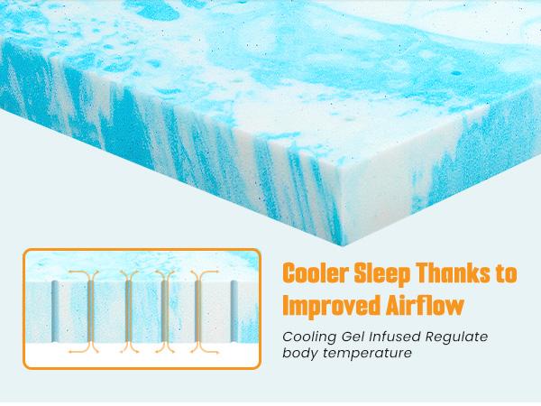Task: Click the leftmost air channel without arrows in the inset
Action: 55,309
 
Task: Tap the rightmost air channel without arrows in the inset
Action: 234,309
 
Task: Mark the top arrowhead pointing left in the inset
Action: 70,272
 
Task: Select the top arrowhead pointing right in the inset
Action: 217,272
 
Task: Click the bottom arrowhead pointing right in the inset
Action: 217,351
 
